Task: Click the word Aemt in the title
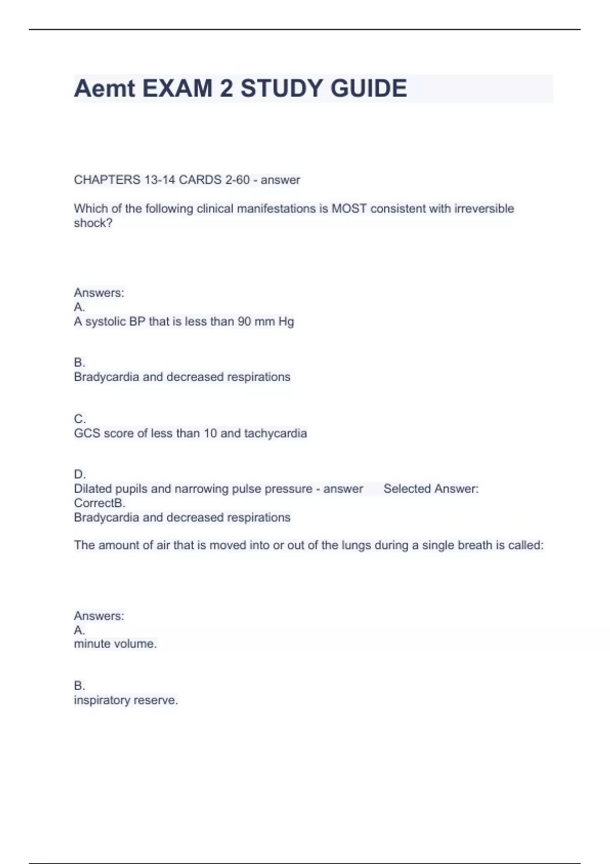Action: (x=104, y=88)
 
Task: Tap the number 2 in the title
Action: (x=226, y=88)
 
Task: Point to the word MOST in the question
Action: (x=349, y=209)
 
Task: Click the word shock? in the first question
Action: (x=93, y=223)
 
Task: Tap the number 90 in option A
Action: (x=244, y=322)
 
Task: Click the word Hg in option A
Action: (x=286, y=322)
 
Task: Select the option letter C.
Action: (x=79, y=419)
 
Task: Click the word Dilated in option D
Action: (x=93, y=489)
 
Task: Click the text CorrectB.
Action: (x=100, y=503)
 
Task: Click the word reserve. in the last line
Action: (x=159, y=700)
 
